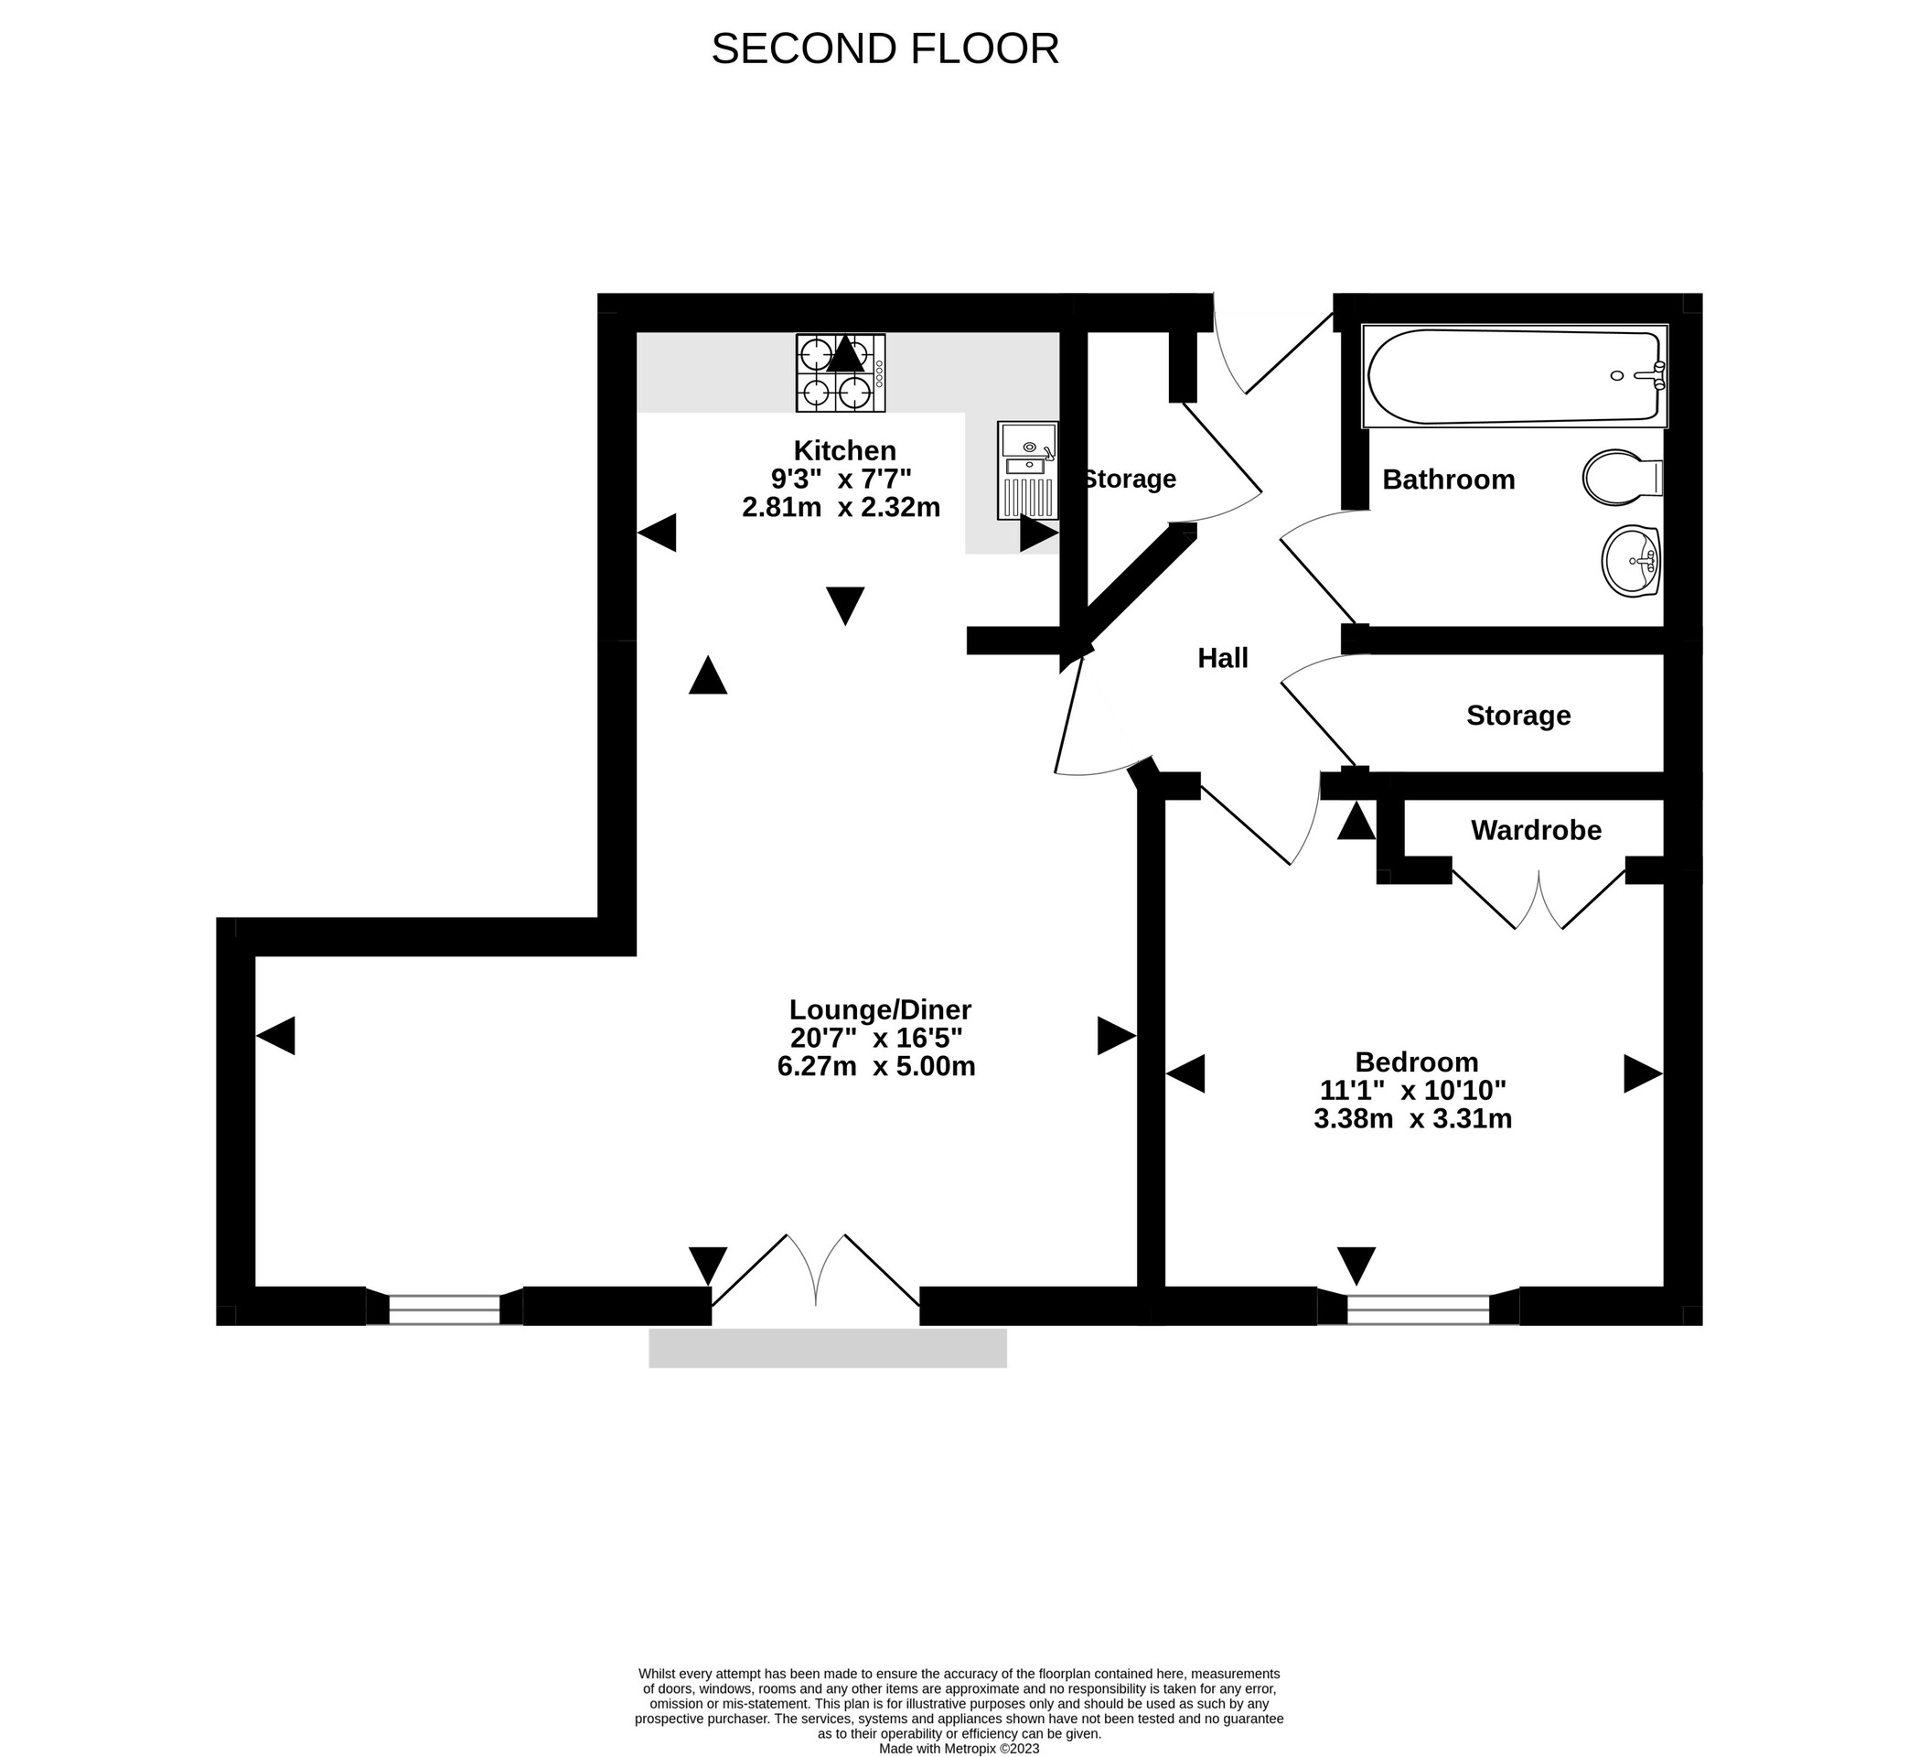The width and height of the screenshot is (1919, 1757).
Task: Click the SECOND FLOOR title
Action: [884, 49]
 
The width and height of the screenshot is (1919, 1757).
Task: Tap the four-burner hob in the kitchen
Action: [841, 372]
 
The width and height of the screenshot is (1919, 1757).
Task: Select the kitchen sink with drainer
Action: [1027, 470]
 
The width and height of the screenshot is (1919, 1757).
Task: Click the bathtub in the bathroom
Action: [1514, 376]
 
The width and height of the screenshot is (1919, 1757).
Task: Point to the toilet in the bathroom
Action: [1621, 477]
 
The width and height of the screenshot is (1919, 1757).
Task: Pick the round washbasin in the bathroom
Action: [1631, 562]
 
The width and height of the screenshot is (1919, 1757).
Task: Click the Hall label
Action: [1222, 658]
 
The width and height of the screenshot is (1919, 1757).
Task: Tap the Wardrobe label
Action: [1536, 830]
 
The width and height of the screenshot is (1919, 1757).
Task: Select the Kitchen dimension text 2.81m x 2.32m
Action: [841, 507]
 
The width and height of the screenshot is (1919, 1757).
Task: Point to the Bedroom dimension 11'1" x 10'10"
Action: [1412, 1090]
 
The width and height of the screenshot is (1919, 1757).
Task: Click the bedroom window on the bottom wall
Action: [1418, 1310]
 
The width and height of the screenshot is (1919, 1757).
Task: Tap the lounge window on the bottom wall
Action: [444, 1310]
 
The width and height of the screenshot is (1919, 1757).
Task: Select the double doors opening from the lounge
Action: [816, 1275]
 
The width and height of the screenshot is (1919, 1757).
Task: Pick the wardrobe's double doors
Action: [1538, 900]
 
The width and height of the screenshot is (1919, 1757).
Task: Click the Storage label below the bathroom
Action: [1517, 716]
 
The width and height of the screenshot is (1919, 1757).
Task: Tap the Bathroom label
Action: [1448, 479]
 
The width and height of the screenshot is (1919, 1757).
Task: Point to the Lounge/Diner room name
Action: [880, 1009]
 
